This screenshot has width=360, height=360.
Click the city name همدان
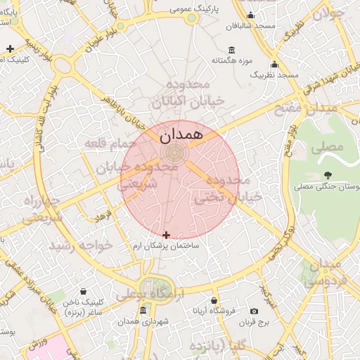[180, 133]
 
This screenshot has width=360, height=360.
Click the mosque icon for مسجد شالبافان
[251, 16]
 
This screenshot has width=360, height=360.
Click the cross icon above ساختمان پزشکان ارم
[166, 235]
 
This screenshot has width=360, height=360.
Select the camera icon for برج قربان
[254, 311]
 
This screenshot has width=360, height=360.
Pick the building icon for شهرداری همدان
[143, 311]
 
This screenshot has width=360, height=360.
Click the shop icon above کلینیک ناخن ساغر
[84, 291]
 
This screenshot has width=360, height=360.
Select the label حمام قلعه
[109, 143]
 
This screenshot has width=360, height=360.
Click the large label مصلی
[331, 146]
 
